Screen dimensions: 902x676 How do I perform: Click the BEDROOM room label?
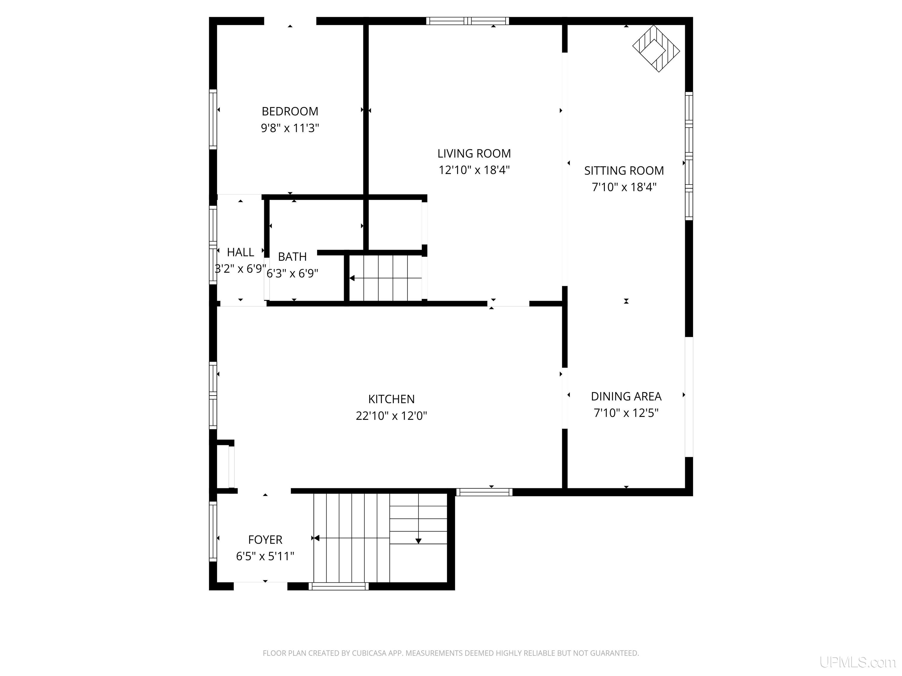[x=290, y=111]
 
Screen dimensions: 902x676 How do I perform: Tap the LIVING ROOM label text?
[x=474, y=154]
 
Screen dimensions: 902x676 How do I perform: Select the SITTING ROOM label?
[x=624, y=171]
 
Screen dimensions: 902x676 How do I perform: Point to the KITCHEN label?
[x=391, y=399]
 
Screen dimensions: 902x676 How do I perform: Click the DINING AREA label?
[x=626, y=396]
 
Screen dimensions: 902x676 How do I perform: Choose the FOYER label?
[x=265, y=540]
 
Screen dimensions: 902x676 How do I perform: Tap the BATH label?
[x=292, y=257]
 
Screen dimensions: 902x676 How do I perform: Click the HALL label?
[x=240, y=252]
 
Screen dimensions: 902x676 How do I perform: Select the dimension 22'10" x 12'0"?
[x=391, y=416]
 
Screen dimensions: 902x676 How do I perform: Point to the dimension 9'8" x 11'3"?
[x=290, y=128]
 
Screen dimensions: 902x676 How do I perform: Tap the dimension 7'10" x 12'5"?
[x=626, y=413]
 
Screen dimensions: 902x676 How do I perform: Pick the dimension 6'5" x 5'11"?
[x=265, y=556]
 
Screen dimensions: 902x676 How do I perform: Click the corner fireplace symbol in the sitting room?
[x=656, y=48]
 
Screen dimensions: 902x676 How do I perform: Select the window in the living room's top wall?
[x=468, y=21]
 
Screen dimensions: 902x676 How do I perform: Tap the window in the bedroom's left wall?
[x=213, y=119]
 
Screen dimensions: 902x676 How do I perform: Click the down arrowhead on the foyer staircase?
[x=418, y=541]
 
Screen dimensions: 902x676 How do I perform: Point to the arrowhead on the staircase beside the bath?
[x=352, y=278]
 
